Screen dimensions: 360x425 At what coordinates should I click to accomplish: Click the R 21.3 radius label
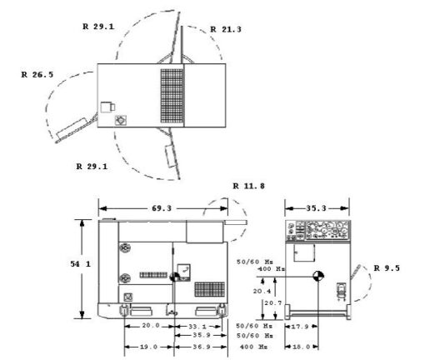click(x=225, y=28)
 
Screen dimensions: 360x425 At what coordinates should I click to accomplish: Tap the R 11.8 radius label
click(x=248, y=185)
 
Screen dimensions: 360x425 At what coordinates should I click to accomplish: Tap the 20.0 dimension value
click(x=150, y=326)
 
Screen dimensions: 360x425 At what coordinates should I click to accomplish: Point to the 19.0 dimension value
click(x=149, y=345)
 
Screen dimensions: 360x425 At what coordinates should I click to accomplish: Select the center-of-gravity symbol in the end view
click(x=317, y=276)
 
